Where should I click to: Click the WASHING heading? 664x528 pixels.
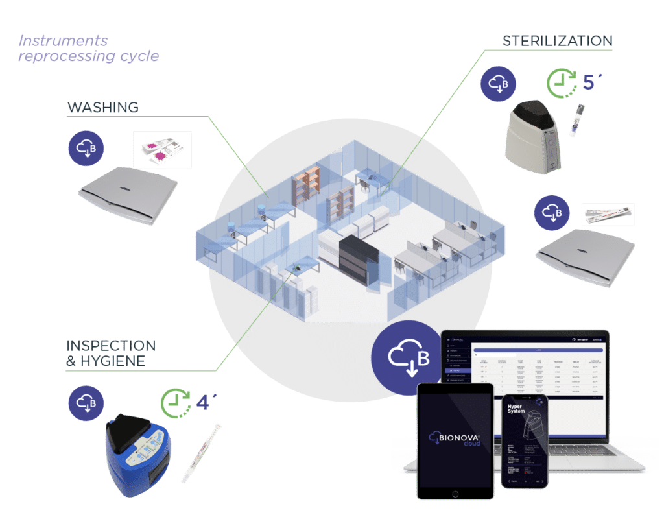point(103,107)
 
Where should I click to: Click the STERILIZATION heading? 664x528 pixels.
point(557,41)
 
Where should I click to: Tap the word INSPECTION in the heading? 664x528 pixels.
point(111,345)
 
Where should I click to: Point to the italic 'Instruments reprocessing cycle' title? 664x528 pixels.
point(88,49)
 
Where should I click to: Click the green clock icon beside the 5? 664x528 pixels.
point(560,82)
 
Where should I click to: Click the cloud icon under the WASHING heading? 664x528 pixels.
point(86,148)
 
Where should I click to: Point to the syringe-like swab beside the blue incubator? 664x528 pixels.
point(202,449)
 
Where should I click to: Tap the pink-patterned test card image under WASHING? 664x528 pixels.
point(162,150)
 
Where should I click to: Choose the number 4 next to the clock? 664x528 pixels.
point(203,402)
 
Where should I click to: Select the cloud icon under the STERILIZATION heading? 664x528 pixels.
point(498,84)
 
